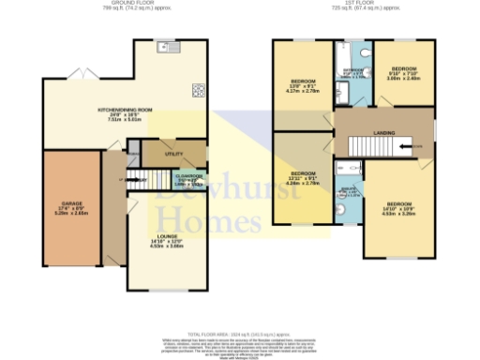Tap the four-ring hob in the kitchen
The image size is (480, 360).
[199, 91]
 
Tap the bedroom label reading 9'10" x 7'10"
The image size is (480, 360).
[404, 74]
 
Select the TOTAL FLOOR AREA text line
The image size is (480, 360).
[239, 334]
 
